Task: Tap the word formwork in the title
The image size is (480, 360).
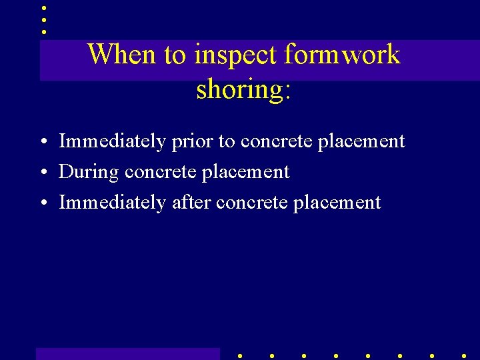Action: point(342,55)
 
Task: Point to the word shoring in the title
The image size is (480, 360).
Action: point(239,89)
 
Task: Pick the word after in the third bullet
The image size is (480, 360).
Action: point(191,203)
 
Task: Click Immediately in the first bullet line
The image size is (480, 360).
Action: point(112,142)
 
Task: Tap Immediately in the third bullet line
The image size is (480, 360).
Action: point(112,203)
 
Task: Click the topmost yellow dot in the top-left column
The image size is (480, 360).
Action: point(43,8)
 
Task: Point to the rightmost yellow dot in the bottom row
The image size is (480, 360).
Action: point(463,356)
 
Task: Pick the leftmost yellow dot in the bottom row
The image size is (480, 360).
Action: point(239,356)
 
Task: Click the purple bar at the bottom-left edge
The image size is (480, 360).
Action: point(127,354)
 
